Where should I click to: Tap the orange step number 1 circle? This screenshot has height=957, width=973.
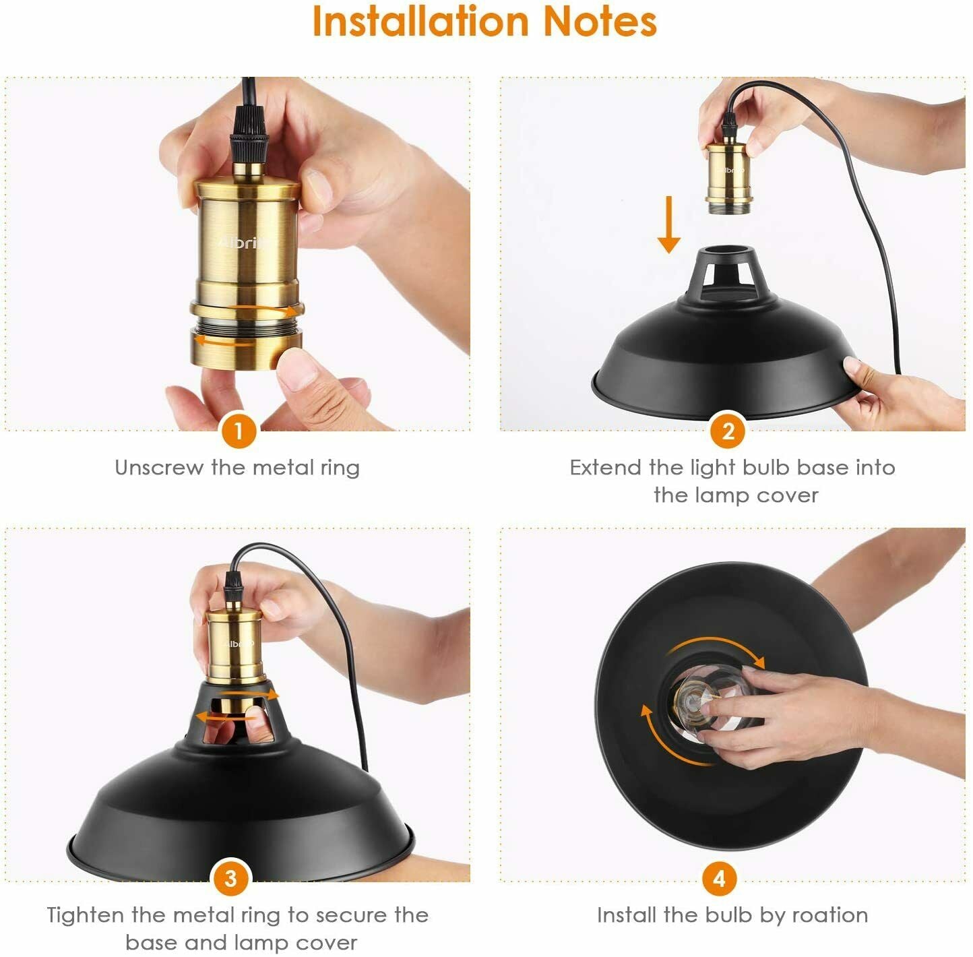[239, 430]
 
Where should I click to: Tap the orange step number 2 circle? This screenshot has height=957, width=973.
[727, 430]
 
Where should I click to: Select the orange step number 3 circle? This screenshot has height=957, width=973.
[231, 878]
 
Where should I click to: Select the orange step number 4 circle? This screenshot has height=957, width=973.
[719, 878]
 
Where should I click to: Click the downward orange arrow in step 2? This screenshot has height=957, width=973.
[668, 224]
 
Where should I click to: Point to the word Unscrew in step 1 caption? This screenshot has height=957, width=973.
[159, 467]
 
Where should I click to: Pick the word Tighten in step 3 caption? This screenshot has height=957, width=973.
[86, 915]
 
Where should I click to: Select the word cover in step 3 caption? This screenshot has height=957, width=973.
[325, 941]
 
